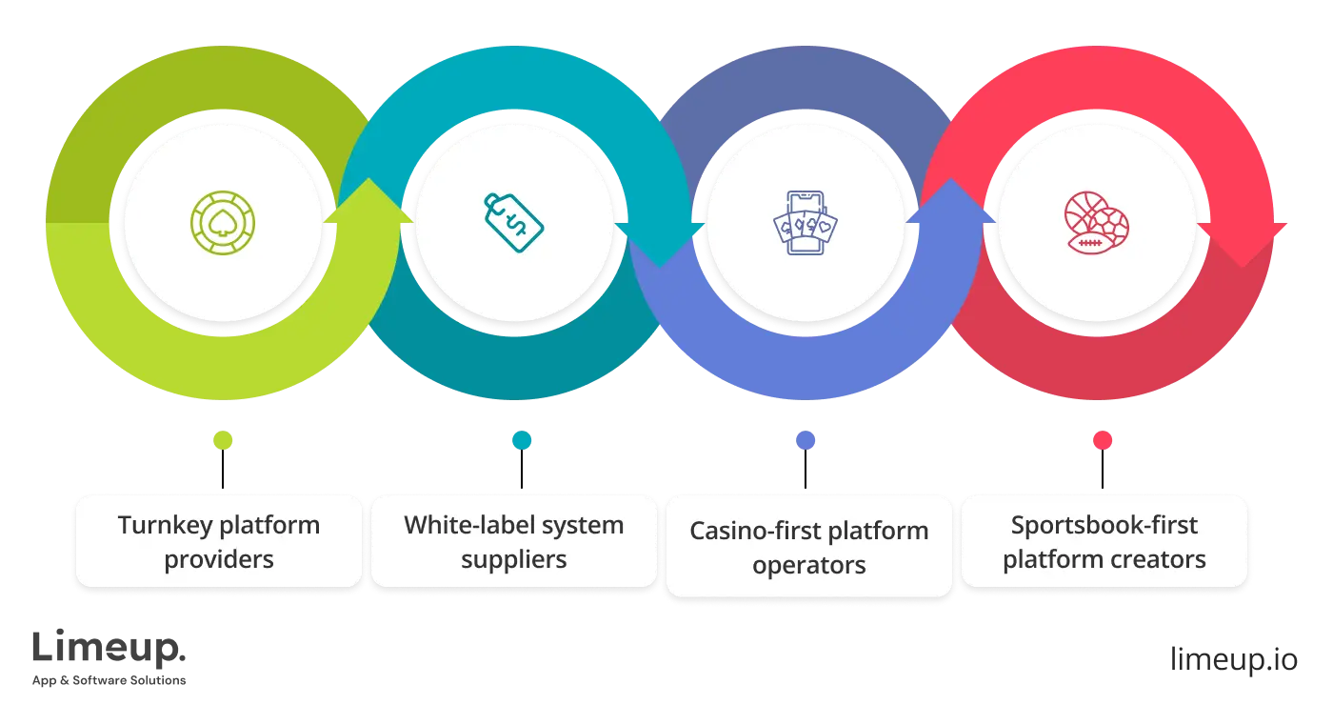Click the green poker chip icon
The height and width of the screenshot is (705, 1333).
[x=222, y=223]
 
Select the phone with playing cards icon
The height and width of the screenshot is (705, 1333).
[x=805, y=223]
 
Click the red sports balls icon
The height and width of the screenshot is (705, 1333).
[x=1096, y=223]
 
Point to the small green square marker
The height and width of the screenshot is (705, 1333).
[x=224, y=439]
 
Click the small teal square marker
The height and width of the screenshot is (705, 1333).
[x=522, y=439]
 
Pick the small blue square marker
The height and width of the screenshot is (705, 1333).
[x=806, y=439]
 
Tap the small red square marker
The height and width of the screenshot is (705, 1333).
[x=1103, y=439]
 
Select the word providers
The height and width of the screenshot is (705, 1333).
[x=219, y=558]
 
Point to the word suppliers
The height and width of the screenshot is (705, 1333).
[x=513, y=558]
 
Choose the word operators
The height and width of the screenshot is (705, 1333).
[x=808, y=565]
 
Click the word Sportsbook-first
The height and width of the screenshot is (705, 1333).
[x=1104, y=525]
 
